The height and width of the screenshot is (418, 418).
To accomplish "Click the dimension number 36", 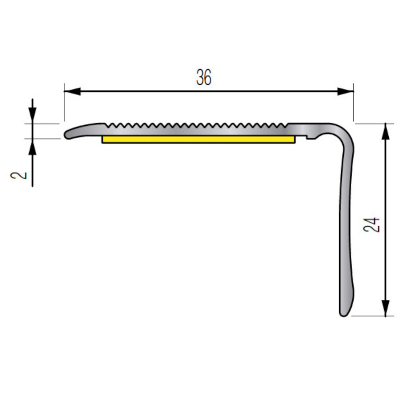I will point(204,78).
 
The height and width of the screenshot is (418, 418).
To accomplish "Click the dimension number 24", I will point(372,225).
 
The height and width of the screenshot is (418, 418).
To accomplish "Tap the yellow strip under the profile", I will point(199,140).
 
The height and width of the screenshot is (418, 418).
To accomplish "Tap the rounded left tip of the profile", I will point(67,135).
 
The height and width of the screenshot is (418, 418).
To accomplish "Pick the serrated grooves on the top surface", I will point(199,126).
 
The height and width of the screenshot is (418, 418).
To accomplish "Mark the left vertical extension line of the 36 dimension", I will point(64,104).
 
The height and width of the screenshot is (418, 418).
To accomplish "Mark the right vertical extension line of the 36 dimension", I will point(354,104).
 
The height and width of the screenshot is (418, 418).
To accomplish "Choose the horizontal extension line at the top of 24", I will point(374,124).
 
